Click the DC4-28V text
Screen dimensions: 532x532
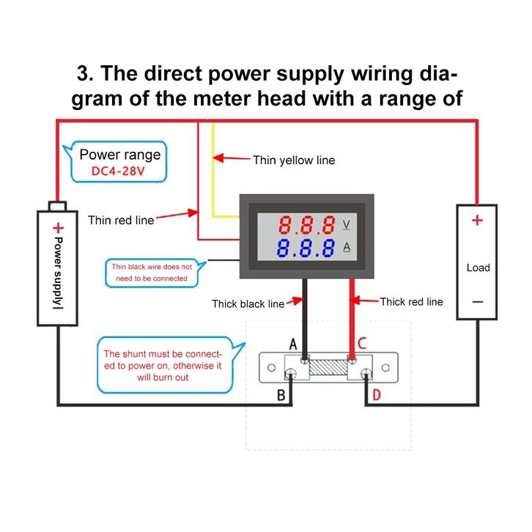pyautogui.click(x=119, y=171)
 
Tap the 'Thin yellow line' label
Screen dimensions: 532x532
pyautogui.click(x=293, y=160)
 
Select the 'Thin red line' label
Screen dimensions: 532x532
pyautogui.click(x=121, y=220)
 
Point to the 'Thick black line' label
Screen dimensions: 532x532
pyautogui.click(x=248, y=303)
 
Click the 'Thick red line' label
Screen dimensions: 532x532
pyautogui.click(x=411, y=301)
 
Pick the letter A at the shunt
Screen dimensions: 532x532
pyautogui.click(x=293, y=344)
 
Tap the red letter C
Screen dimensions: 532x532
pyautogui.click(x=361, y=344)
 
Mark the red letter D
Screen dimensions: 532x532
pyautogui.click(x=377, y=396)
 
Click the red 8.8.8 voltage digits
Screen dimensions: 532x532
pyautogui.click(x=306, y=223)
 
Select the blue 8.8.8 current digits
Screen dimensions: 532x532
pyautogui.click(x=306, y=247)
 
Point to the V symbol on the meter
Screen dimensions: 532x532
pyautogui.click(x=347, y=223)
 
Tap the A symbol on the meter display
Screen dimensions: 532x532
pyautogui.click(x=347, y=247)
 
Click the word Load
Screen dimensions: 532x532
pyautogui.click(x=478, y=267)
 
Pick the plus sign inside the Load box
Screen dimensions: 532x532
pyautogui.click(x=477, y=220)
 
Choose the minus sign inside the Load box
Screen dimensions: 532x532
pyautogui.click(x=477, y=301)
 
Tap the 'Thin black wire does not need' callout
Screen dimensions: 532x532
pyautogui.click(x=152, y=273)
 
